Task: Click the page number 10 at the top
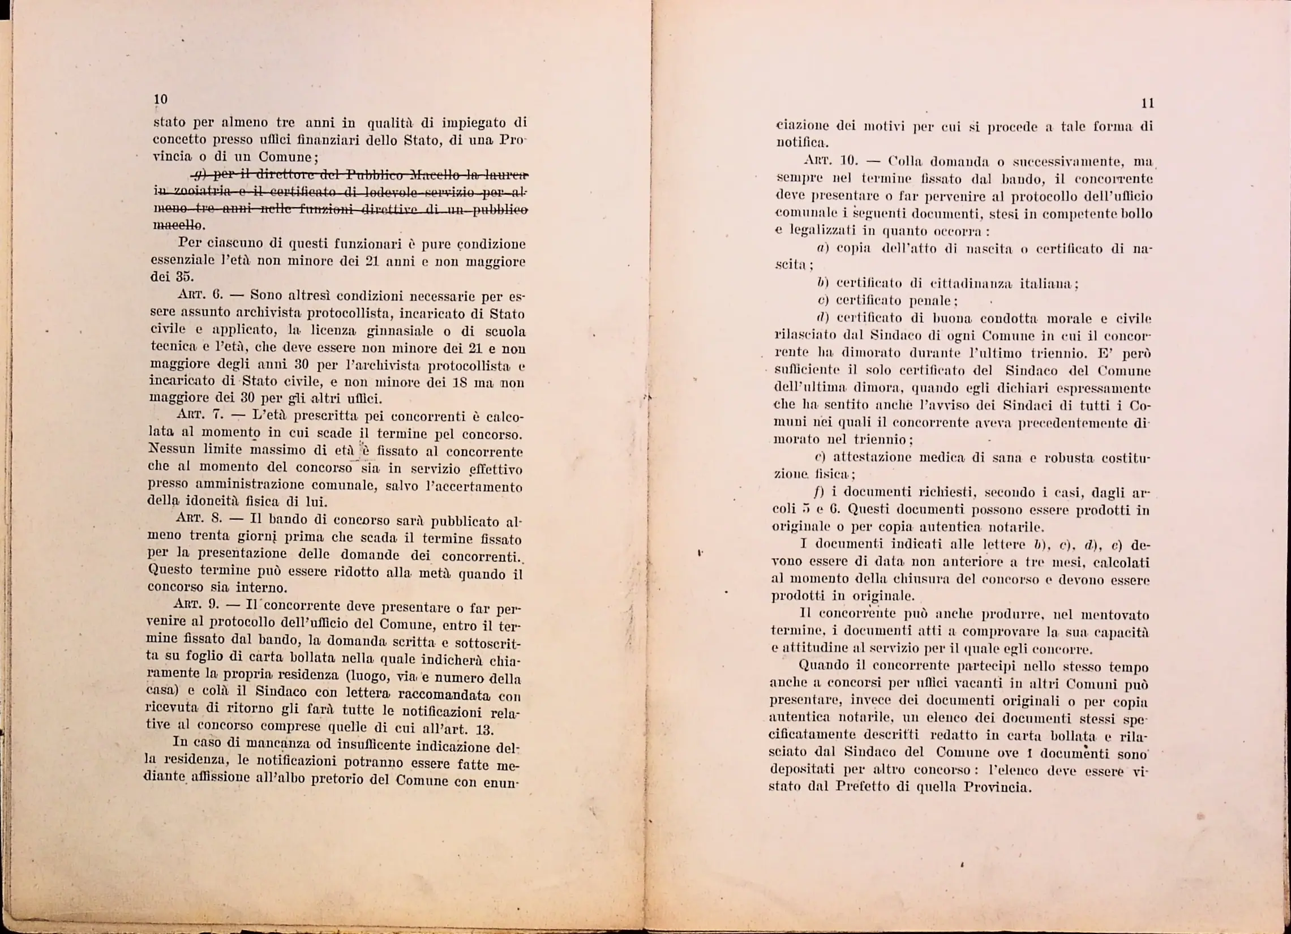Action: tap(161, 100)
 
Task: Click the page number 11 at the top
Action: tap(1148, 104)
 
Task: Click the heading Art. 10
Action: tap(830, 161)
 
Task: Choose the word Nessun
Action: tap(171, 449)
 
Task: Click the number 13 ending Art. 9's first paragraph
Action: tap(484, 730)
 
